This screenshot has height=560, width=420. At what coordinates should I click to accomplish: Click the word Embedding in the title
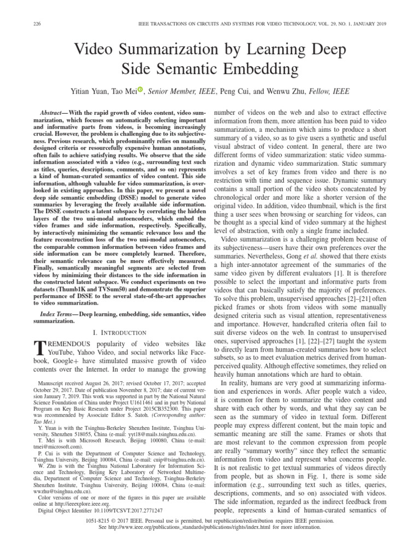(x=255, y=69)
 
